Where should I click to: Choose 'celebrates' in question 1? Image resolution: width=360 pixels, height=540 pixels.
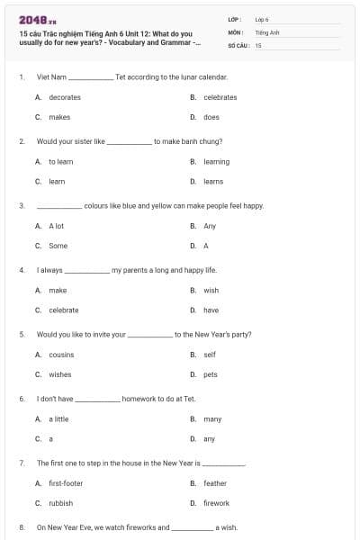click(220, 97)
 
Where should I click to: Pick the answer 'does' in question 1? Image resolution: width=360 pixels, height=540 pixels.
click(211, 117)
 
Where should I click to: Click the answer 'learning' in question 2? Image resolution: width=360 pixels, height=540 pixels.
click(217, 162)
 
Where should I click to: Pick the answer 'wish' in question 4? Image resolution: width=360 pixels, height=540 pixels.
click(211, 291)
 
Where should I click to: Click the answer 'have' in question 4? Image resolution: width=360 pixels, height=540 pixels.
click(211, 310)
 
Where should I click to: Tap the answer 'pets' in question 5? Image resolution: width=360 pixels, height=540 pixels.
click(211, 374)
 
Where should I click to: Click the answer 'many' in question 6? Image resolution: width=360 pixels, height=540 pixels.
click(212, 419)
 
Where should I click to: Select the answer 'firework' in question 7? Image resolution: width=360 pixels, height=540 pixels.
click(216, 503)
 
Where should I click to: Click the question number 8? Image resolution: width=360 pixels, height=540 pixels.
click(22, 527)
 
